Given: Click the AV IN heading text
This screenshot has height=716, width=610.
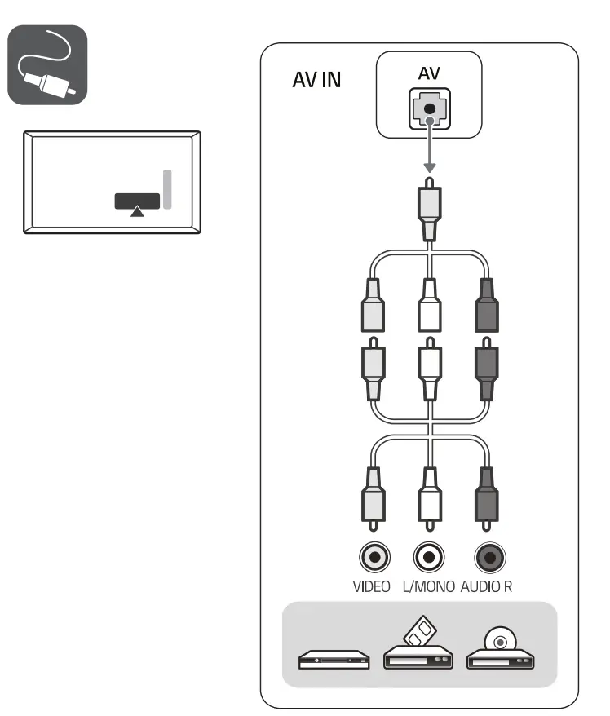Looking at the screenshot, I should tap(316, 83).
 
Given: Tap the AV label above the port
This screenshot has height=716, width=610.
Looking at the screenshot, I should tap(429, 73).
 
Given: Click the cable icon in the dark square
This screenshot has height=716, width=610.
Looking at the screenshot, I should tap(47, 64).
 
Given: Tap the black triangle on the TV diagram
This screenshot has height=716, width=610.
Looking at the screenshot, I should tap(138, 212).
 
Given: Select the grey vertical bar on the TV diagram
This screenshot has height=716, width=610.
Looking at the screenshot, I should tap(167, 189).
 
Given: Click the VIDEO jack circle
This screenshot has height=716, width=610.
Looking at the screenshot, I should tap(374, 558).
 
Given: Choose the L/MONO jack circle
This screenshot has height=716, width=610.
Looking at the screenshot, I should tap(429, 558).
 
